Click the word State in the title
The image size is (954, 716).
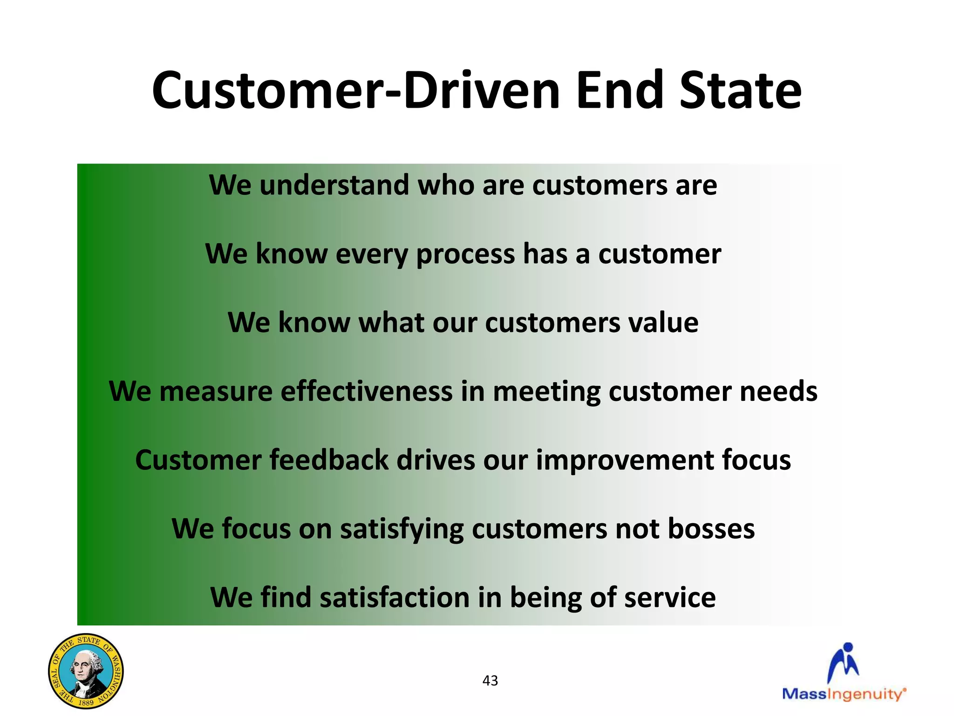[740, 91]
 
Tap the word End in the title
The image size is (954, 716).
[619, 91]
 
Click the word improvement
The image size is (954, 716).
[625, 460]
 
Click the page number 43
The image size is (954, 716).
[490, 681]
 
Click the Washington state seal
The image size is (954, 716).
[86, 671]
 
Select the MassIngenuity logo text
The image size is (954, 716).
[844, 694]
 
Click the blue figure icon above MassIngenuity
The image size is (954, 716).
[844, 662]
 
